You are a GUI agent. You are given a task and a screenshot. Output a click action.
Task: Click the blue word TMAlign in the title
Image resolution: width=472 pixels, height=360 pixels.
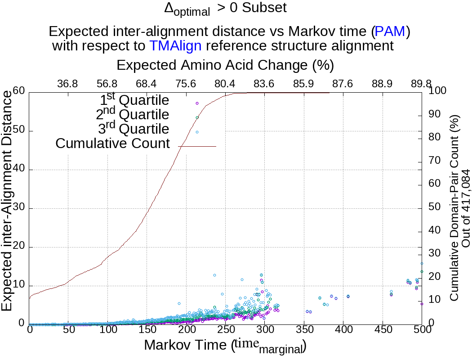[x=175, y=45]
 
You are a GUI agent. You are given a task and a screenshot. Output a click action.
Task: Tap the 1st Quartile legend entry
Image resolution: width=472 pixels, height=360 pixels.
[x=134, y=100]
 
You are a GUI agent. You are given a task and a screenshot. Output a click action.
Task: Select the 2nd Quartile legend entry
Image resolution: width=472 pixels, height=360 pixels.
[x=133, y=115]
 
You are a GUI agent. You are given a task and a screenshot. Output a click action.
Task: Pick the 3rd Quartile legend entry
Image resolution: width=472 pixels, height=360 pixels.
[x=134, y=129]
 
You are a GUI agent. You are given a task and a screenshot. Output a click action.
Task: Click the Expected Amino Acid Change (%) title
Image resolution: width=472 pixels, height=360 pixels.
[x=225, y=65]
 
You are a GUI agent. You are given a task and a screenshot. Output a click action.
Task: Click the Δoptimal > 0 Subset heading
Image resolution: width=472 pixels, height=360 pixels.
[x=225, y=9]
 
